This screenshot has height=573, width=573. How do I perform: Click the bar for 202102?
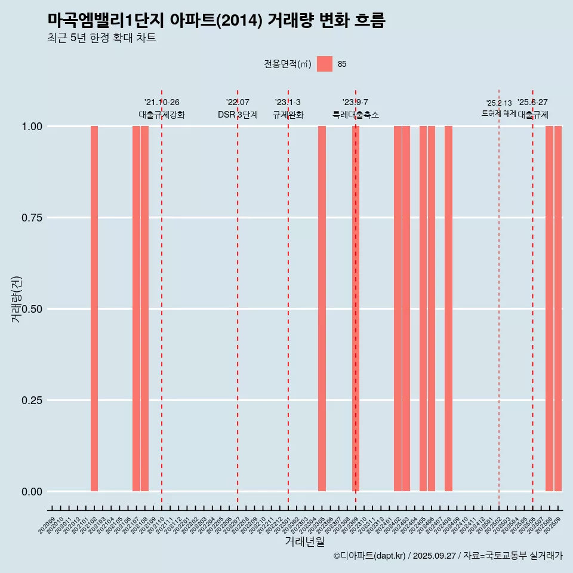click(94, 309)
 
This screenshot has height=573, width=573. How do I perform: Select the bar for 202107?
click(136, 309)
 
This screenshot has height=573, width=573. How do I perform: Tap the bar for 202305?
click(322, 309)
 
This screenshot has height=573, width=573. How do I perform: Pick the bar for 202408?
click(448, 309)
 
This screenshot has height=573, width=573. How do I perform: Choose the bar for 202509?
click(558, 309)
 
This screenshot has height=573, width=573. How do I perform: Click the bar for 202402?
click(398, 309)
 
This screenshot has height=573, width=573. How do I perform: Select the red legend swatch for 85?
click(325, 64)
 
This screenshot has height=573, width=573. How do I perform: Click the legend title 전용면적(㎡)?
click(288, 64)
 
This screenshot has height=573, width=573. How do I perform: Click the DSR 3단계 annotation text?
click(238, 115)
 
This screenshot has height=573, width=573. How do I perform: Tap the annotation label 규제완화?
click(288, 115)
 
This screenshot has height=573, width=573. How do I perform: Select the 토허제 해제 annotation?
click(499, 113)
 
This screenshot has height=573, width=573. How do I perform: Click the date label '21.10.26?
click(162, 103)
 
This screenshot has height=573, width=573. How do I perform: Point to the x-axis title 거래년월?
click(305, 542)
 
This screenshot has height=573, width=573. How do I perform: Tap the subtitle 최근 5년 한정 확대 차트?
click(101, 38)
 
